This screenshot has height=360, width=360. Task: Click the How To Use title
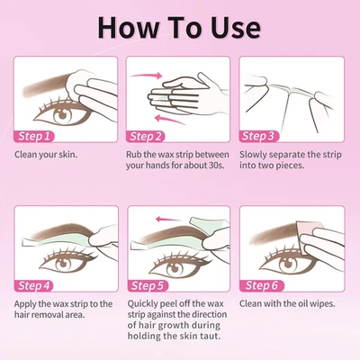180,27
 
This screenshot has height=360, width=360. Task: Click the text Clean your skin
46,154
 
